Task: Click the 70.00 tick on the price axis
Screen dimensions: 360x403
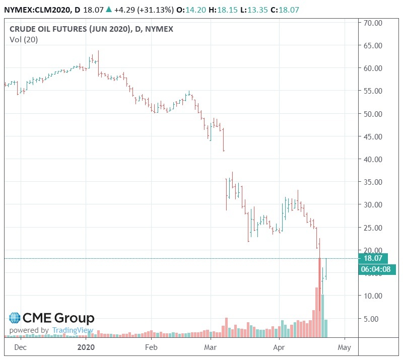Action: pyautogui.click(x=373, y=23)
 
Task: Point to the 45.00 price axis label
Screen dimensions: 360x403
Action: pyautogui.click(x=373, y=136)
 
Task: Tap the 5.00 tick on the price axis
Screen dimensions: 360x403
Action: pyautogui.click(x=373, y=318)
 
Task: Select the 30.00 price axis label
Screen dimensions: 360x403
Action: pyautogui.click(x=373, y=204)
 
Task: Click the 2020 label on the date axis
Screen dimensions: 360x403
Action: pyautogui.click(x=86, y=347)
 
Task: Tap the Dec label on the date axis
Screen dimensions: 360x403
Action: pyautogui.click(x=21, y=347)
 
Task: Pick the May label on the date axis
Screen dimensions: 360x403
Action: pyautogui.click(x=345, y=347)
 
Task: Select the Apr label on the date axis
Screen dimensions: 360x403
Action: pyautogui.click(x=279, y=347)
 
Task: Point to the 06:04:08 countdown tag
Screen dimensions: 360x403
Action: pyautogui.click(x=377, y=269)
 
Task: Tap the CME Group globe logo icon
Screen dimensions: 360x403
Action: pyautogui.click(x=14, y=318)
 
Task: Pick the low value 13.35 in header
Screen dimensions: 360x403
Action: pyautogui.click(x=261, y=9)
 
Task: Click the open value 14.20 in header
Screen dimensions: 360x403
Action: pyautogui.click(x=191, y=9)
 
